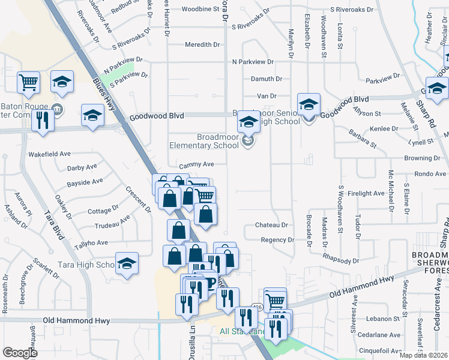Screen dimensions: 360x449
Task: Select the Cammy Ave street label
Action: click(x=196, y=164)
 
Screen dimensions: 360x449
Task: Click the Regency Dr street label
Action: click(x=277, y=240)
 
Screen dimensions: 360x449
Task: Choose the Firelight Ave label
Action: click(x=366, y=193)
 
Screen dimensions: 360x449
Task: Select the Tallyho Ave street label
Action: click(x=91, y=243)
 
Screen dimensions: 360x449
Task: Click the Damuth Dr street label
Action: click(x=266, y=79)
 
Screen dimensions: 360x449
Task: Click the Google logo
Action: click(x=20, y=353)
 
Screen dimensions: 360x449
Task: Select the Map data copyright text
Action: click(x=423, y=355)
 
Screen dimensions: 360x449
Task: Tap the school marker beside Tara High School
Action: click(x=127, y=264)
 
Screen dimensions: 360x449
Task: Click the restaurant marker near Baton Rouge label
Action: click(x=42, y=119)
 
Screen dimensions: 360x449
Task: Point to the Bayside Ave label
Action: click(x=85, y=182)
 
